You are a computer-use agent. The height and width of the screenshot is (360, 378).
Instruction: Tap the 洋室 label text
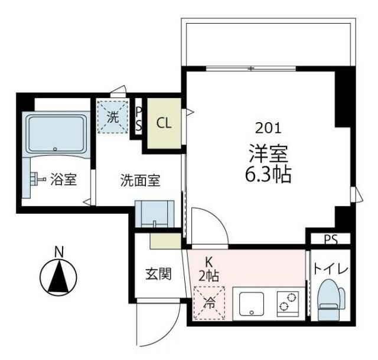tap(268, 153)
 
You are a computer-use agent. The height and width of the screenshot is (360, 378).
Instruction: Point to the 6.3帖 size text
tap(268, 175)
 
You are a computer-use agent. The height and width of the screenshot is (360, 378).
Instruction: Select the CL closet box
tap(164, 124)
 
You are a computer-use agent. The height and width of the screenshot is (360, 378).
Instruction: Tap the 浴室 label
tap(63, 179)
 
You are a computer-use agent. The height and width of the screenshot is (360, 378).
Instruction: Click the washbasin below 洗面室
tap(154, 214)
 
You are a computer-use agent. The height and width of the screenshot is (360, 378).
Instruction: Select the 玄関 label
tap(158, 274)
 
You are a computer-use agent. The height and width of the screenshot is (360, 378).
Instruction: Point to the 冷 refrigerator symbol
tap(210, 303)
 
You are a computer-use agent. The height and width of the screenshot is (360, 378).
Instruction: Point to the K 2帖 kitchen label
tap(208, 267)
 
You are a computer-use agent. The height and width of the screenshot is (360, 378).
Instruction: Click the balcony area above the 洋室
tap(268, 44)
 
